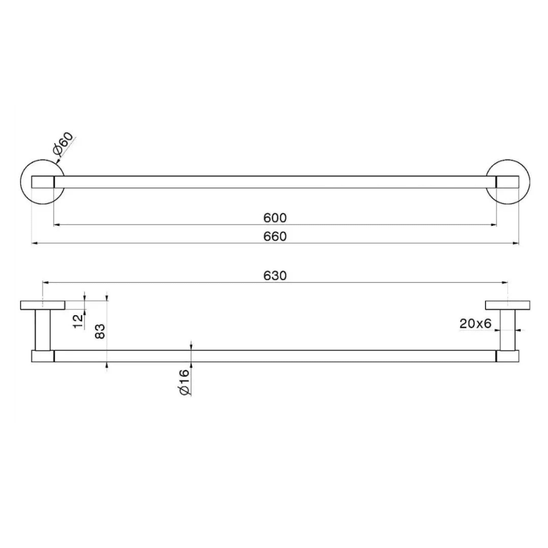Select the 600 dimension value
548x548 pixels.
tap(275, 218)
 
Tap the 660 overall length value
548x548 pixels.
tap(275, 236)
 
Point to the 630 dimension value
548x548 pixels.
tap(275, 276)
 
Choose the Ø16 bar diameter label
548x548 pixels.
tap(184, 382)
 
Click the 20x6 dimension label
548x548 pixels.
tap(475, 324)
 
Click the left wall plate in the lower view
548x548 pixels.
tap(42, 305)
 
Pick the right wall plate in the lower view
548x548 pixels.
tap(507, 305)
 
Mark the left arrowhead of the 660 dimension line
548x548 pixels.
tap(34, 243)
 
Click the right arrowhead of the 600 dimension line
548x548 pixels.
tap(494, 224)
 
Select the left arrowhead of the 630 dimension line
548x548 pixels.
tap(45, 283)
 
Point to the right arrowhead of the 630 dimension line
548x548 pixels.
tap(505, 283)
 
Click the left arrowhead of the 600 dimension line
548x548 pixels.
tap(56, 224)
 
